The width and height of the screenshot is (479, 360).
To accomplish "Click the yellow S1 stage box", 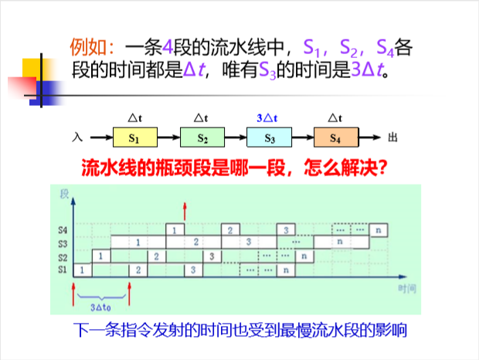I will pos(135,139).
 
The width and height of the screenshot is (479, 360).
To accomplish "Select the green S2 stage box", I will pos(202,139).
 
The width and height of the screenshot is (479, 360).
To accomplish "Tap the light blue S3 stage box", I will pos(269,139).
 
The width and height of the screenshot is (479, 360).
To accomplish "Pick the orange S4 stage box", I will pos(335,139).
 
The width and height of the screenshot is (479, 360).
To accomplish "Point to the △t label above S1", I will pos(135,118).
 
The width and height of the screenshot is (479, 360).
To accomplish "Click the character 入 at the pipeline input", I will pos(76,138).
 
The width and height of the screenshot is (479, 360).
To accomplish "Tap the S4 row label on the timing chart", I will pos(62,230).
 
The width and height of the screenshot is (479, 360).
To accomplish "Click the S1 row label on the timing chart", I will pos(62,270).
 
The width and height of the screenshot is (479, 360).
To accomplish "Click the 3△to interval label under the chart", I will pos(101,304).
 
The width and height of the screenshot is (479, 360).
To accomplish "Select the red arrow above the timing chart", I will pos(184,209).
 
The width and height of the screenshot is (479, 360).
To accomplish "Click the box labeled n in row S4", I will pos(379,230).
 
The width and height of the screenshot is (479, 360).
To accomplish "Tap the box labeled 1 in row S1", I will pos(82,270).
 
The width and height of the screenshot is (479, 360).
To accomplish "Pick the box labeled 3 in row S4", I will pos(286,230).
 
